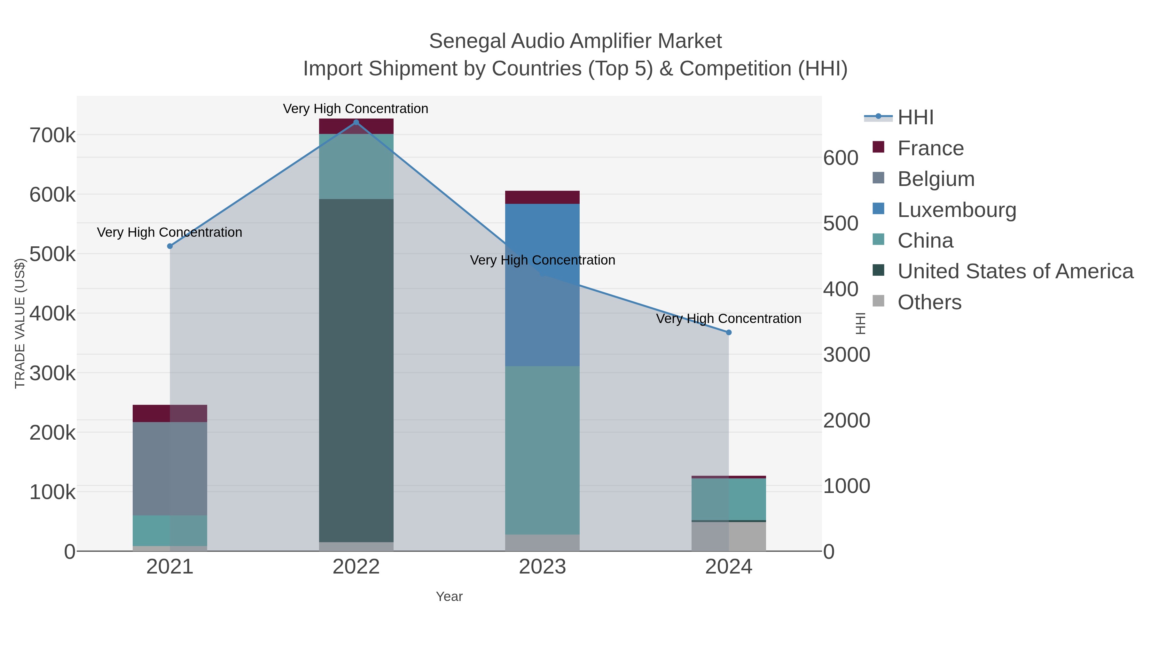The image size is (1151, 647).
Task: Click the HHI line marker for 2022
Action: (x=356, y=122)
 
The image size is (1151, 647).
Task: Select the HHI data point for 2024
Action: (x=729, y=332)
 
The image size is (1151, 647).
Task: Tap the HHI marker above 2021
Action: (x=170, y=246)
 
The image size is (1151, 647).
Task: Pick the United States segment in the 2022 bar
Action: (x=356, y=371)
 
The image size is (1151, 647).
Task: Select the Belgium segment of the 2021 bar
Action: (x=170, y=468)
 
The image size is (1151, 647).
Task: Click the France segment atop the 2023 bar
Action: (x=542, y=197)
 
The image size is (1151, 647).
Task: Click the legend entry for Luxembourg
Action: (x=957, y=210)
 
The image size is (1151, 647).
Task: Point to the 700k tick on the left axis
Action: (x=52, y=135)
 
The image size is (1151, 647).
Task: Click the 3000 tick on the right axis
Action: (x=847, y=355)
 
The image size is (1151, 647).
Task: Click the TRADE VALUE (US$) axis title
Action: (x=20, y=323)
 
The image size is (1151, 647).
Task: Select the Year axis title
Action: (x=449, y=597)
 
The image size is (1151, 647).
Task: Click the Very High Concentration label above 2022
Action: (x=356, y=109)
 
